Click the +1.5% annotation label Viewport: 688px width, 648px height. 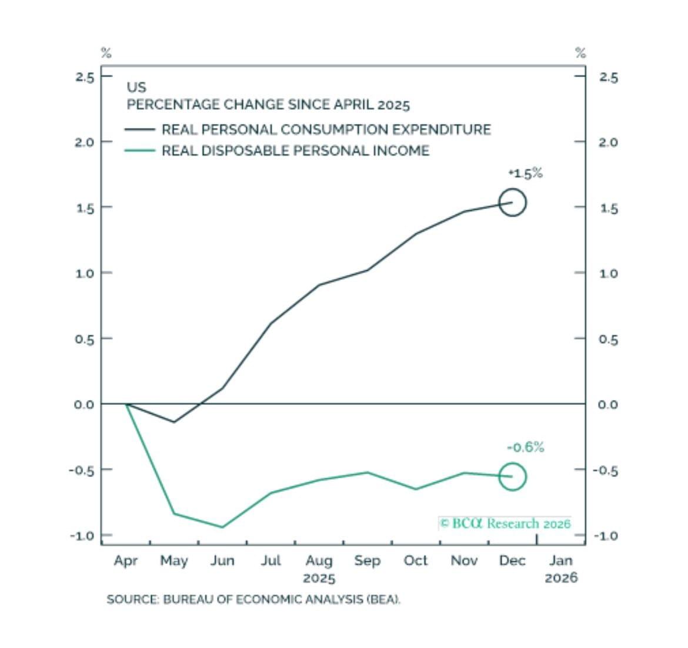[525, 173]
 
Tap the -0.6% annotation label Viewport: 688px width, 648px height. [525, 448]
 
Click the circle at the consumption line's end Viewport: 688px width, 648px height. [512, 203]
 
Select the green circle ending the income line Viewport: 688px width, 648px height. [512, 477]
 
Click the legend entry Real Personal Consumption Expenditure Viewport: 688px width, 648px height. [326, 129]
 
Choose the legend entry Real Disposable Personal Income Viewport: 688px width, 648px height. [295, 150]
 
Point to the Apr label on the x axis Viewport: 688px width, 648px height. [126, 561]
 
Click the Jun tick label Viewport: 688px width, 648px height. [222, 561]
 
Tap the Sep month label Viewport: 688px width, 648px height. [367, 561]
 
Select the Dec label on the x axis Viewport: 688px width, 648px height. [512, 561]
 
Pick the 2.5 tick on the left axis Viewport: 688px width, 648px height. [85, 77]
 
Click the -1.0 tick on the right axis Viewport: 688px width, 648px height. [605, 536]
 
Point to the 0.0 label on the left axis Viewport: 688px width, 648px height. [85, 404]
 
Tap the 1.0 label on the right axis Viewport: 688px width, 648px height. [608, 274]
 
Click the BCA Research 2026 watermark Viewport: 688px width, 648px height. [505, 523]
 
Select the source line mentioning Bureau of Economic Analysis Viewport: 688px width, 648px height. [253, 600]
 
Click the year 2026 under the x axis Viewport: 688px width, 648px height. [561, 578]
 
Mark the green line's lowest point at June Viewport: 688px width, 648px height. [222, 527]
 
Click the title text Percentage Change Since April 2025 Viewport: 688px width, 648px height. [268, 105]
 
